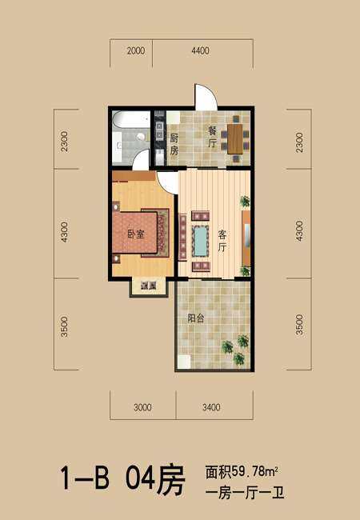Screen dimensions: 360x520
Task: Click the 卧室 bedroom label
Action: point(136,234)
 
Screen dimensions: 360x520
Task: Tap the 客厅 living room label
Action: point(222,241)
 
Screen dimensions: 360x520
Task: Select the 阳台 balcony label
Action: point(195,318)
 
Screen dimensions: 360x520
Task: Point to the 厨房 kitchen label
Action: point(174,144)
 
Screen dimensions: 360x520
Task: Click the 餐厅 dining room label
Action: point(212,137)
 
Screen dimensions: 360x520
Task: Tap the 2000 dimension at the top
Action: point(136,50)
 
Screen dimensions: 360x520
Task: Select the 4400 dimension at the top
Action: point(200,50)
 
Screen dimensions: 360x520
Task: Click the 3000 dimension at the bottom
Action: point(142,407)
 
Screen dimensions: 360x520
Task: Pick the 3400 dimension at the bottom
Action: point(211,407)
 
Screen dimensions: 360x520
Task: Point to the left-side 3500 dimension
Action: point(64,326)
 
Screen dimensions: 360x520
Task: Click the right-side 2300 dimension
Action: point(299,142)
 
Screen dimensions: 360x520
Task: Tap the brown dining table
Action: point(235,138)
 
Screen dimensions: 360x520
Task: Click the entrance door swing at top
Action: point(206,97)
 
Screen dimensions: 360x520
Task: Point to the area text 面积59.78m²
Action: point(242,471)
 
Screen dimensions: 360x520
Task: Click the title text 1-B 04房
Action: point(122,479)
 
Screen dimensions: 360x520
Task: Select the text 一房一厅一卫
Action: point(245,494)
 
